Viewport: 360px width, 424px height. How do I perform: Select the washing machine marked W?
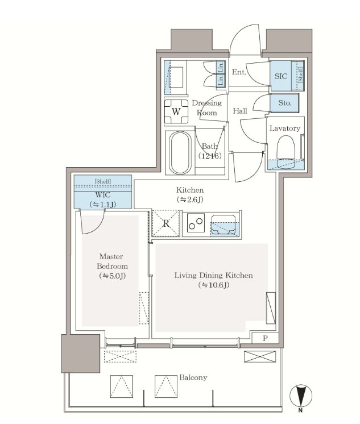point(176,111)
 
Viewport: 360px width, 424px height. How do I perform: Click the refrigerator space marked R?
point(166,223)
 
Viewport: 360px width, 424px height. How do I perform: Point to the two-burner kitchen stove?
point(196,223)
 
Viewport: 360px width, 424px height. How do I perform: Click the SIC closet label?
point(281,76)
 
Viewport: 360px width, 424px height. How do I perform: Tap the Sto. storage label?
point(285,103)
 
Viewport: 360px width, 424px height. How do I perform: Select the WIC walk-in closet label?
point(103,195)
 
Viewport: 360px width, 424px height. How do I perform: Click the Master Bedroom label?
point(113,261)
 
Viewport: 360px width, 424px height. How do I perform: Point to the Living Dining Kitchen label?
point(214,275)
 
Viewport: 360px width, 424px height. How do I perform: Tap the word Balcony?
point(193,377)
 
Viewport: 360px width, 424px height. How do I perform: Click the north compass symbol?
point(301,397)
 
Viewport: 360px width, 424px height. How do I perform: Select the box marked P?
point(265,338)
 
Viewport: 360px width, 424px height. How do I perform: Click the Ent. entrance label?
point(239,72)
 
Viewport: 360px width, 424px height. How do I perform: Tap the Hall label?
point(240,111)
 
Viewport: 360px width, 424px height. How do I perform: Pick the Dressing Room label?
point(207,107)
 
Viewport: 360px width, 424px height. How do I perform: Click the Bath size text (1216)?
point(210,156)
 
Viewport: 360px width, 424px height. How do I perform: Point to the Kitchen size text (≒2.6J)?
point(190,199)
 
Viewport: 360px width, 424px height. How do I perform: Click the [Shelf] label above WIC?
point(103,181)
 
